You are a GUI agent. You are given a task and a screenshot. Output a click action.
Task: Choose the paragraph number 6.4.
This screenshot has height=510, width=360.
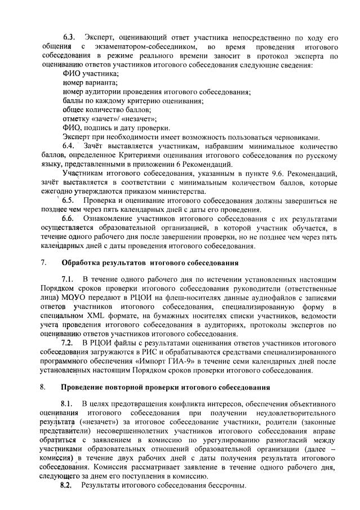[69, 147]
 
